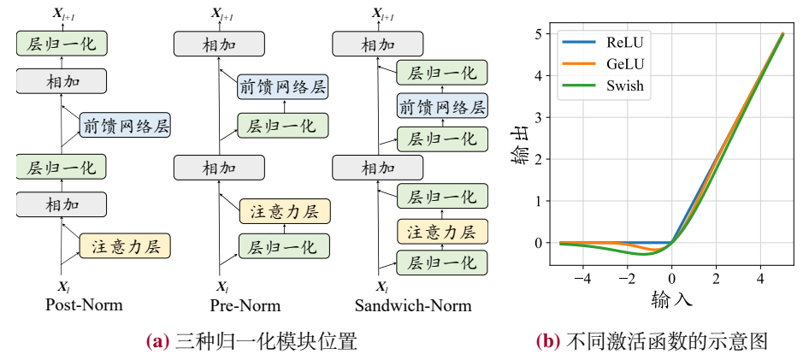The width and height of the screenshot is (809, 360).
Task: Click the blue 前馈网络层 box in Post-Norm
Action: tap(125, 127)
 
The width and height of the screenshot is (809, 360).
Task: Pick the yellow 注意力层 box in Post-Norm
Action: tap(125, 246)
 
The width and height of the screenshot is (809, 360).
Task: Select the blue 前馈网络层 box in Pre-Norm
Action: tap(283, 86)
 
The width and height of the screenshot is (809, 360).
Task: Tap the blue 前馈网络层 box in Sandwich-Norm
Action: tap(442, 107)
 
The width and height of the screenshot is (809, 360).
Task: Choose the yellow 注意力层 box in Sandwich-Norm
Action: tap(442, 231)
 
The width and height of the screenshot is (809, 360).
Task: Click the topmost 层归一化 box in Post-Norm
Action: tap(61, 43)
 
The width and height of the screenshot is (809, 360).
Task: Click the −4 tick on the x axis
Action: tap(582, 278)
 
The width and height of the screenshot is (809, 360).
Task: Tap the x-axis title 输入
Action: tap(671, 299)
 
